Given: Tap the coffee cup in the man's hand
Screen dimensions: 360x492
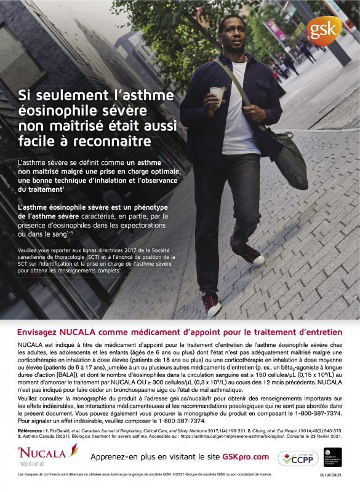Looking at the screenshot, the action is pyautogui.click(x=217, y=93).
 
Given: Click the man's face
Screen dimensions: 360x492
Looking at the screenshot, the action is pyautogui.click(x=236, y=38).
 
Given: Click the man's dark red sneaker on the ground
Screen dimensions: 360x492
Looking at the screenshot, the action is pyautogui.click(x=211, y=303).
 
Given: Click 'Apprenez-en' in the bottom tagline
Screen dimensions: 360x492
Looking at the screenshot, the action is pyautogui.click(x=112, y=456).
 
